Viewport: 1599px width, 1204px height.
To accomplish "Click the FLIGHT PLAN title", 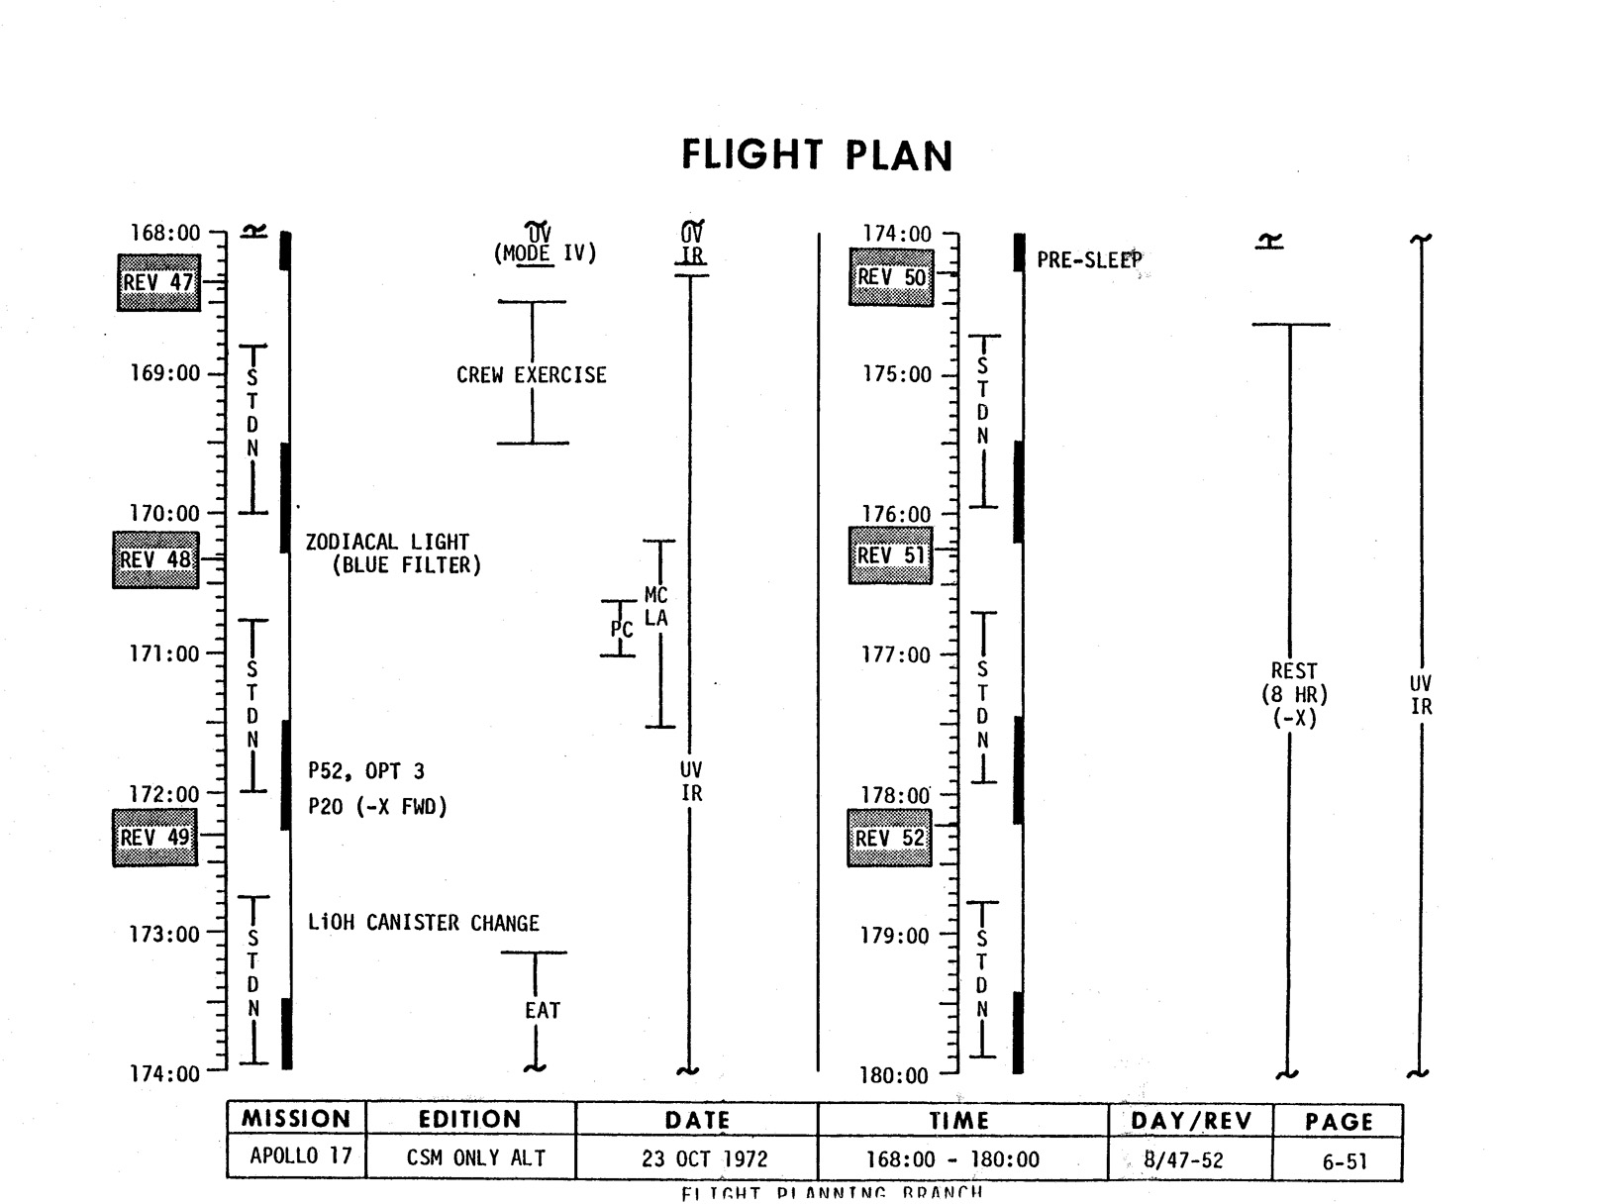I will pyautogui.click(x=817, y=155).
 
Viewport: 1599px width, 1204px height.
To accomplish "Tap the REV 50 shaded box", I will pyautogui.click(x=891, y=277).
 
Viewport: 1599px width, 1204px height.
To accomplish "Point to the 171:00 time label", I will pyautogui.click(x=164, y=653).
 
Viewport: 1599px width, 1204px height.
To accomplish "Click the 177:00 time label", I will pyautogui.click(x=896, y=654).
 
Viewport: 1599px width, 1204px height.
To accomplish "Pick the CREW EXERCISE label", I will pyautogui.click(x=532, y=375).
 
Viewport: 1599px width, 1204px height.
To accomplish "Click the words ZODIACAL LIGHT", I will pyautogui.click(x=387, y=542).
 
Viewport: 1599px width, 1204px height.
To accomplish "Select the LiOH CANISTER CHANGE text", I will pyautogui.click(x=424, y=923).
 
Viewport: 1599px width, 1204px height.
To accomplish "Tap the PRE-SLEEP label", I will pyautogui.click(x=1089, y=260).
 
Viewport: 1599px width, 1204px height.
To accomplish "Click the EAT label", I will pyautogui.click(x=543, y=1011).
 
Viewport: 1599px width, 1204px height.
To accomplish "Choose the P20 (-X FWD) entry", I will pyautogui.click(x=377, y=807).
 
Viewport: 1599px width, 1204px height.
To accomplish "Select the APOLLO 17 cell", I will pyautogui.click(x=296, y=1156).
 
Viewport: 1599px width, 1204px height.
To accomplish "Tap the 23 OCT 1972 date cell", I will pyautogui.click(x=704, y=1158).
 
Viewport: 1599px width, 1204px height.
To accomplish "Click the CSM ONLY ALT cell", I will pyautogui.click(x=475, y=1158).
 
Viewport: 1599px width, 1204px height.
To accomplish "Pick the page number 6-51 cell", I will pyautogui.click(x=1344, y=1161).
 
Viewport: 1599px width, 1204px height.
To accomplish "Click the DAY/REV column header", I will pyautogui.click(x=1191, y=1121).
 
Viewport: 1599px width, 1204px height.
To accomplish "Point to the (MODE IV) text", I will pyautogui.click(x=546, y=253).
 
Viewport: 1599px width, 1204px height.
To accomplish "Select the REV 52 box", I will pyautogui.click(x=889, y=839).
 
